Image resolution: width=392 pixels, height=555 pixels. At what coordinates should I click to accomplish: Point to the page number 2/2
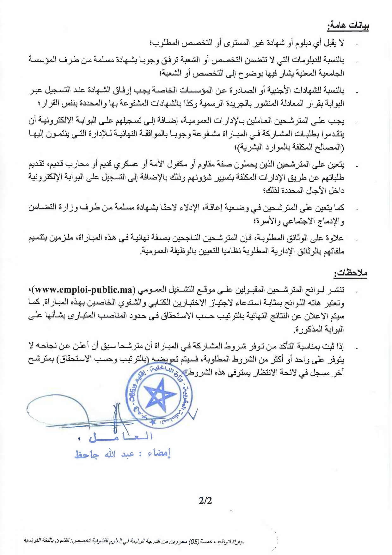pos(205,501)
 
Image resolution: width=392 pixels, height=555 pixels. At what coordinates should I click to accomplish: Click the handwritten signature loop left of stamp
pos(63,411)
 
